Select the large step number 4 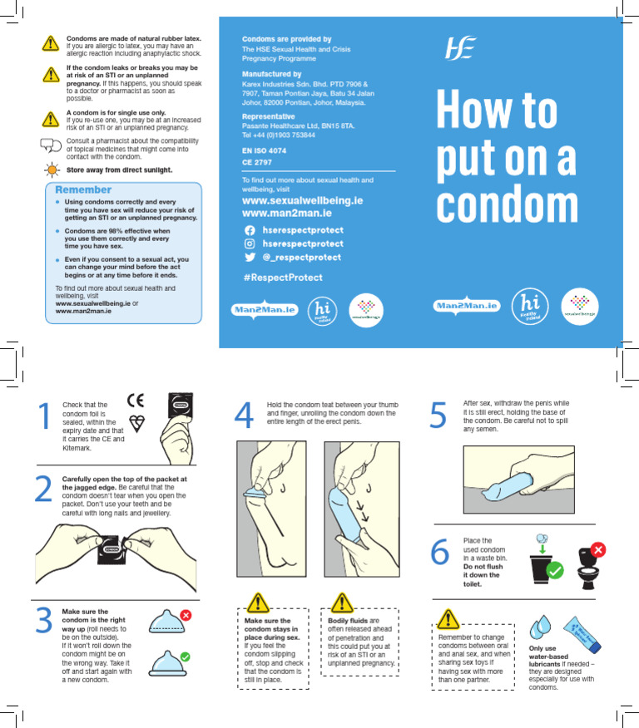point(244,416)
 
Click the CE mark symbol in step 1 point(135,400)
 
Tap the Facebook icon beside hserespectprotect point(249,229)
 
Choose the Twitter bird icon point(249,258)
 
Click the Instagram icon point(249,243)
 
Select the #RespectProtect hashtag point(282,277)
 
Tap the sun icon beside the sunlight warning point(51,170)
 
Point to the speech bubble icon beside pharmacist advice point(51,145)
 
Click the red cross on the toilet point(597,550)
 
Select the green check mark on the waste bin point(555,572)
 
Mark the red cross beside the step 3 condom point(186,616)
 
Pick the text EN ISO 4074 point(264,150)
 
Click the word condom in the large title point(508,204)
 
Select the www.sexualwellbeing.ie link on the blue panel point(302,201)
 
